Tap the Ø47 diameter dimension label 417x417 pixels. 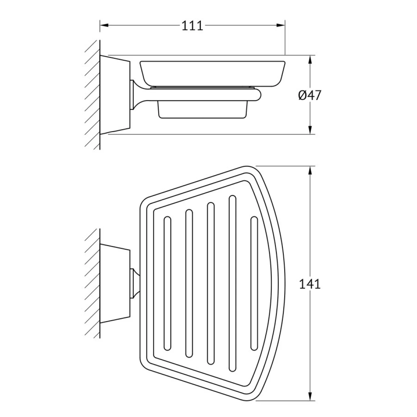click(310, 95)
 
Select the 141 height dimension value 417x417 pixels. click(310, 284)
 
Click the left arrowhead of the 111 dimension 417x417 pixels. click(104, 25)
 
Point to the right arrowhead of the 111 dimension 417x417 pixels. click(281, 25)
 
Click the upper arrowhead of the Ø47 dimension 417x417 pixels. click(310, 59)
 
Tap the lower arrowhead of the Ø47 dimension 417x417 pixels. click(310, 130)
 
